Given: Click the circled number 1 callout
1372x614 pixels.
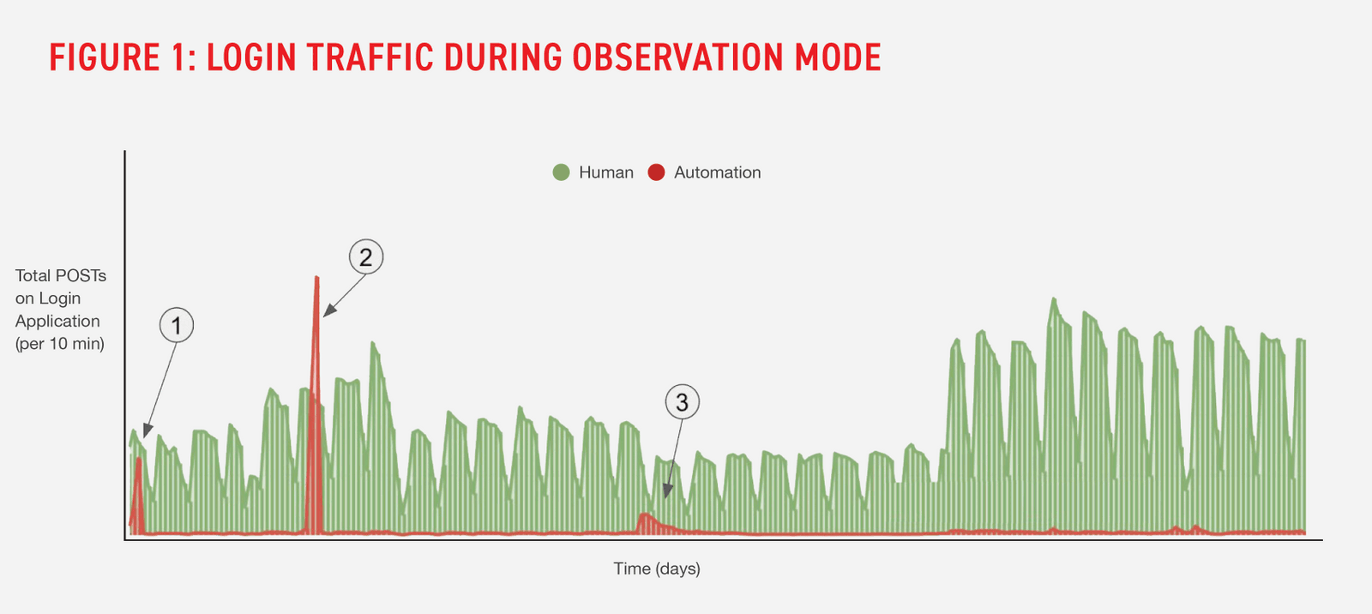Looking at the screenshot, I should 177,326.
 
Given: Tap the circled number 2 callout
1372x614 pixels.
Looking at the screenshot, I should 366,256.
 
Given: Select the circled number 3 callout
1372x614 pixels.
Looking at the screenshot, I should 683,402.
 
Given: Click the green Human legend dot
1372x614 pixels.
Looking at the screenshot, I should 562,172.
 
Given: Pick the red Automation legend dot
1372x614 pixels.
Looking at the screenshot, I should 656,172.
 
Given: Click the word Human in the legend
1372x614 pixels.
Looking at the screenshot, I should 606,172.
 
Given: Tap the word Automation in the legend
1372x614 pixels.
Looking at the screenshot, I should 717,172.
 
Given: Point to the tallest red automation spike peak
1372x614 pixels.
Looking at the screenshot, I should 316,279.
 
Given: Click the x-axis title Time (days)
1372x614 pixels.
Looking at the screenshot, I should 657,569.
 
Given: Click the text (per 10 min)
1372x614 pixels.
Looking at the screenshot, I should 60,344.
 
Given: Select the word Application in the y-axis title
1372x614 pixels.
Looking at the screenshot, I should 57,321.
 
